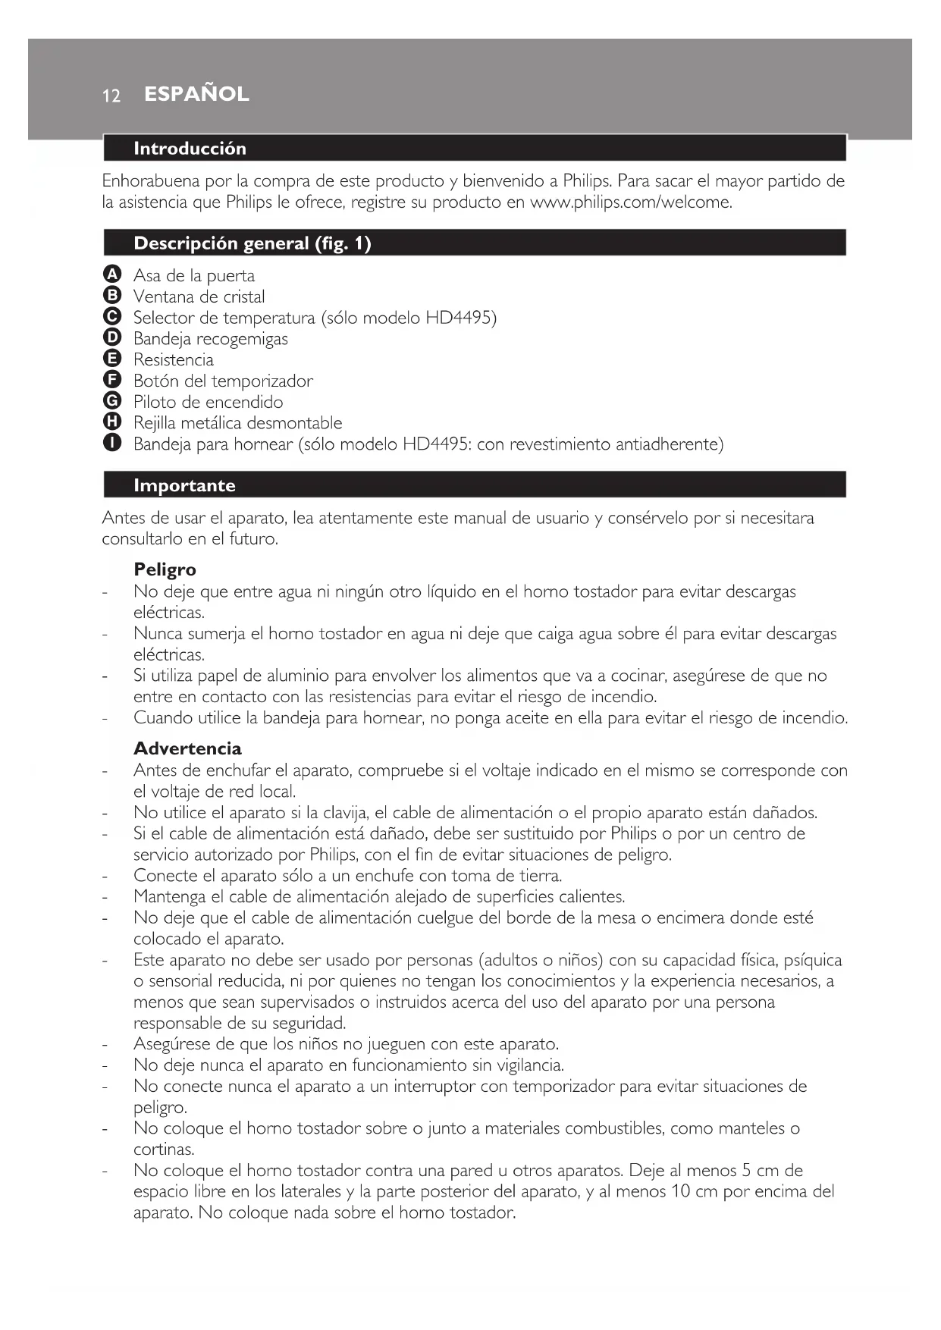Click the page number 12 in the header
(x=111, y=96)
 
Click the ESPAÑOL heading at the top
(x=196, y=94)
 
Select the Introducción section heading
(x=190, y=149)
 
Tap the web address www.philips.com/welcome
(x=630, y=202)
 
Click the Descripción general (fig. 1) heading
(x=252, y=243)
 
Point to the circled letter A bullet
(x=111, y=274)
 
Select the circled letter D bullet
(x=111, y=338)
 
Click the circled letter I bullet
(x=111, y=444)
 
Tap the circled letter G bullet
(x=111, y=401)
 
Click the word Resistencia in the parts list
(x=174, y=359)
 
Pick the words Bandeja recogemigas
(x=211, y=339)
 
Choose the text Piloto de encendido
(x=209, y=402)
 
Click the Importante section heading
(x=184, y=485)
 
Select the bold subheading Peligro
(x=165, y=569)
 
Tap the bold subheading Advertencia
(x=187, y=748)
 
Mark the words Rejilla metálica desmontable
(x=238, y=423)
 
